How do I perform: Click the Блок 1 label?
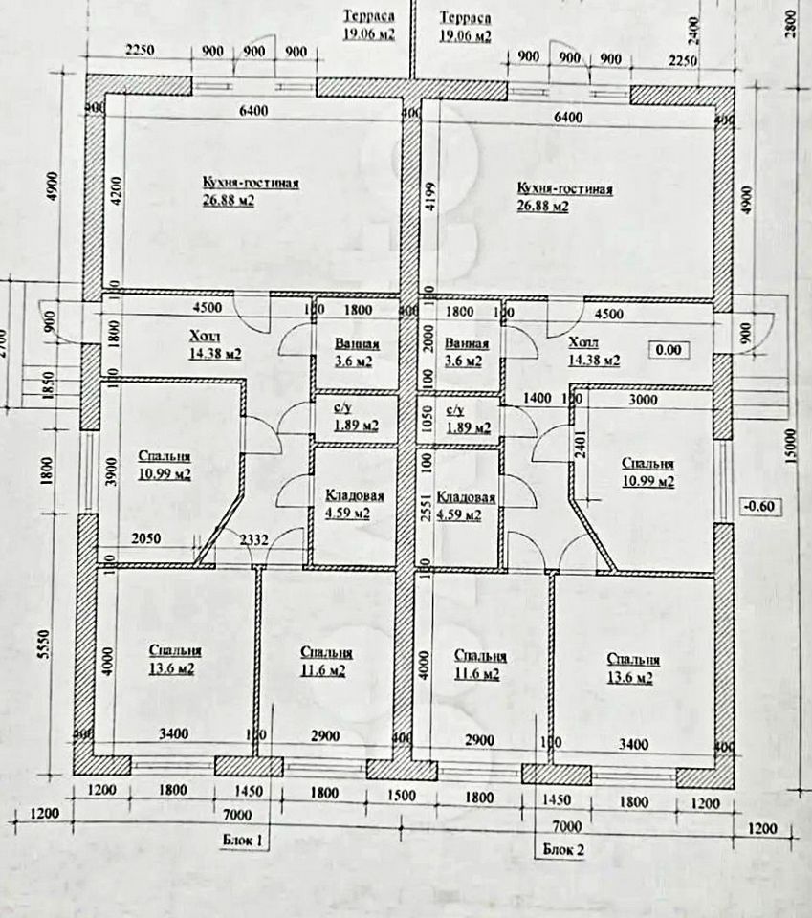pos(238,840)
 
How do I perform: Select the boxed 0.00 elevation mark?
pos(668,350)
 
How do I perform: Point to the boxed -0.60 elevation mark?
pos(759,506)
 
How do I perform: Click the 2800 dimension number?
pos(789,21)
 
